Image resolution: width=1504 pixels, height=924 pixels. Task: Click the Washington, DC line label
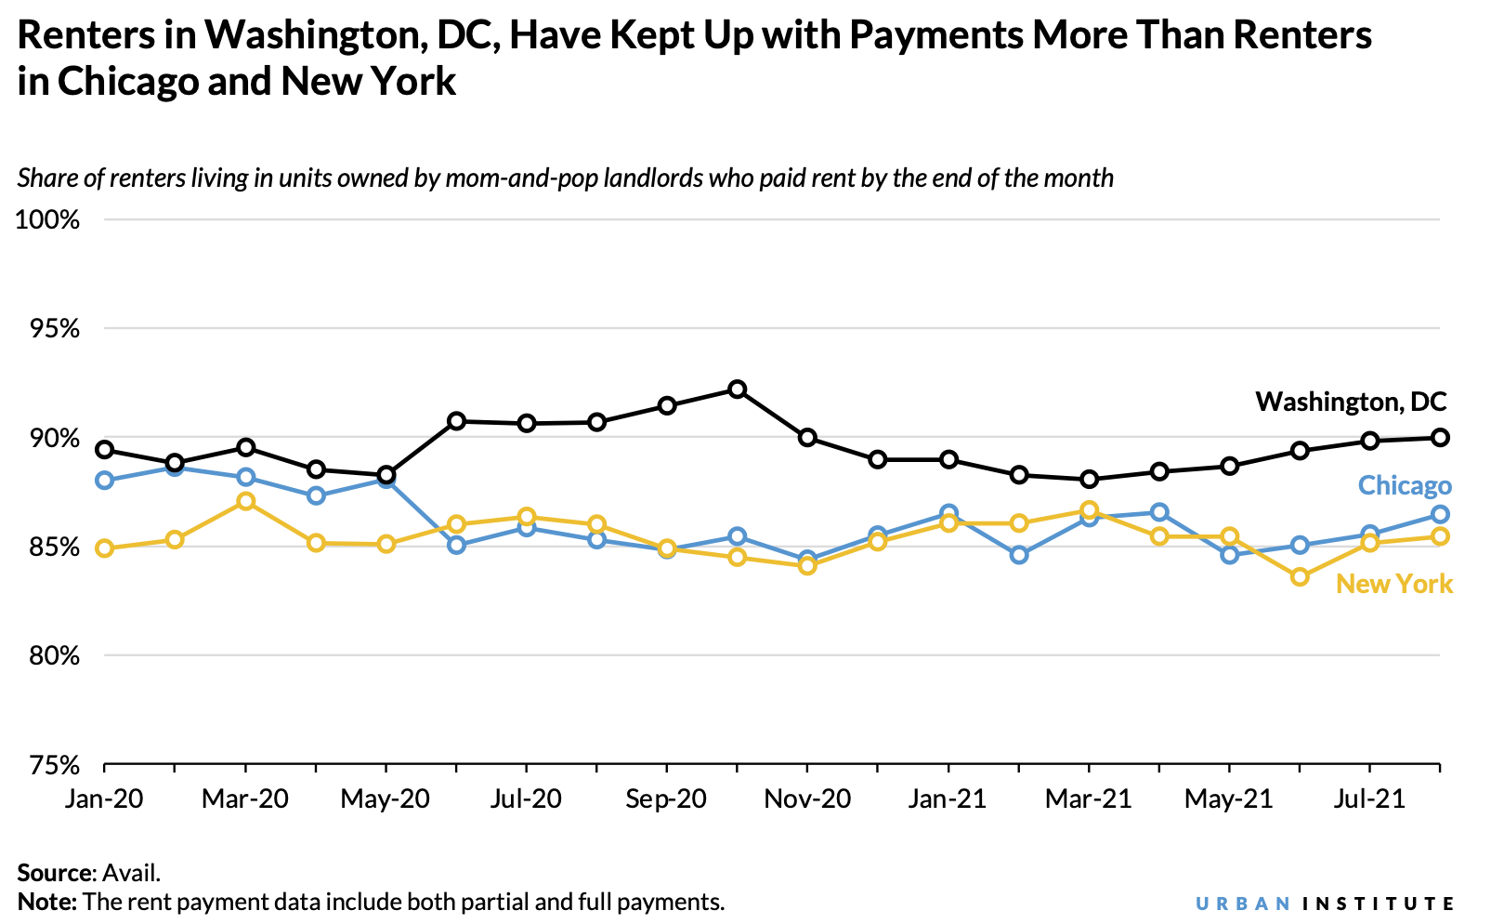point(1351,402)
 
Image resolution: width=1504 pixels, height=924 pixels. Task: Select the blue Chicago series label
point(1404,485)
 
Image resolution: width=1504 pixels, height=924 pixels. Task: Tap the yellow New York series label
point(1393,584)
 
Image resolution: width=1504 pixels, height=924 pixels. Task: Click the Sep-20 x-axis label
point(666,799)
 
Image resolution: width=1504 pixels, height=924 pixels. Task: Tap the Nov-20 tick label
point(807,799)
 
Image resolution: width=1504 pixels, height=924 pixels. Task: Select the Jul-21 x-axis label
point(1369,799)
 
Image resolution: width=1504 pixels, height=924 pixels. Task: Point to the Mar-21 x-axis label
point(1088,799)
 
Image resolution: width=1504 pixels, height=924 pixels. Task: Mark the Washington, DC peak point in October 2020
point(737,389)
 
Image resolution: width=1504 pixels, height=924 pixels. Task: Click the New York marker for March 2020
point(245,502)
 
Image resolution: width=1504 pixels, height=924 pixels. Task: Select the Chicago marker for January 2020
point(105,480)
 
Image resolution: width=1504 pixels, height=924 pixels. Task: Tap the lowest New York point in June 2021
point(1300,577)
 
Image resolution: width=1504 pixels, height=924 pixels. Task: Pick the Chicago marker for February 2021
point(1019,555)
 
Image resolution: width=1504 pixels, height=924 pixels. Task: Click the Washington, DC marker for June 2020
point(456,421)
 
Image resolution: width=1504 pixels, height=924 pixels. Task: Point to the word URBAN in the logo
point(1243,904)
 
